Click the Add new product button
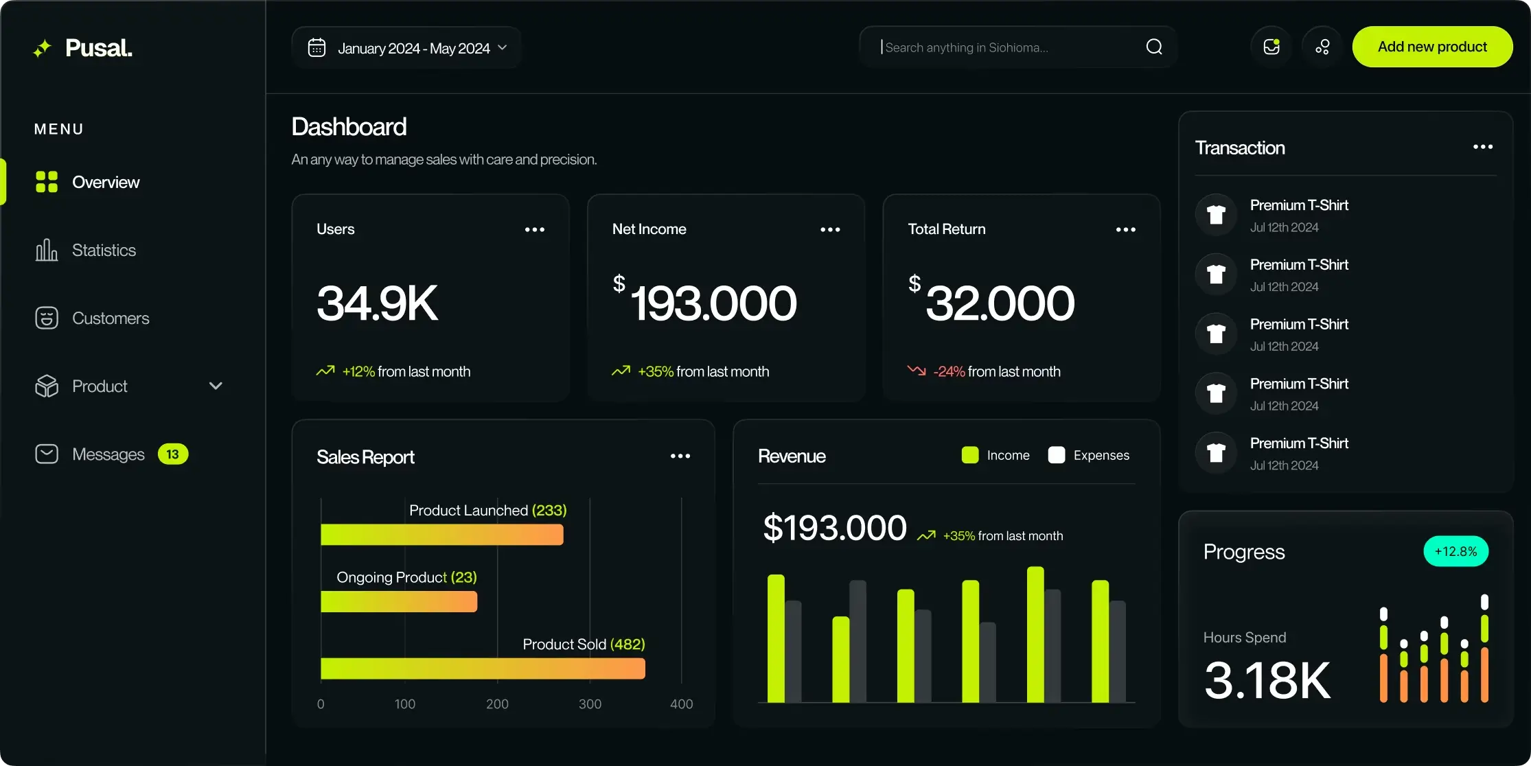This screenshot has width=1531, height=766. [1432, 47]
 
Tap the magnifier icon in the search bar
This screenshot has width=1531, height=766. [1154, 47]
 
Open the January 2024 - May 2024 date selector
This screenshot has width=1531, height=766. [406, 47]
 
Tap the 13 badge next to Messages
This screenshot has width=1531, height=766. [172, 454]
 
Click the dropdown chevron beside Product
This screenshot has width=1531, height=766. [216, 386]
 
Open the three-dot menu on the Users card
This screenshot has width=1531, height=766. [535, 229]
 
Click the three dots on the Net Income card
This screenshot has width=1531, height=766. [830, 229]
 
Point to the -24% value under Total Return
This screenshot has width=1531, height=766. [949, 371]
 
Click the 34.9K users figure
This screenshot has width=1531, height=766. [377, 303]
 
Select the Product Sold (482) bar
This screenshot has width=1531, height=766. [483, 669]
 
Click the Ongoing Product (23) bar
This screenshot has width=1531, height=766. [399, 601]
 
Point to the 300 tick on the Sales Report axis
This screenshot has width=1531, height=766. [590, 704]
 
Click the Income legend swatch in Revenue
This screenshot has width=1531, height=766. [970, 455]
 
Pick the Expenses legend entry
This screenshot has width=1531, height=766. [1089, 455]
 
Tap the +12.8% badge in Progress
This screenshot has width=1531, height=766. [1455, 551]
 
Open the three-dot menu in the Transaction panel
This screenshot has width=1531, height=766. [1483, 147]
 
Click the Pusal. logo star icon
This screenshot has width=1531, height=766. [43, 48]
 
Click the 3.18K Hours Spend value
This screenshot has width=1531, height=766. [1267, 680]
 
